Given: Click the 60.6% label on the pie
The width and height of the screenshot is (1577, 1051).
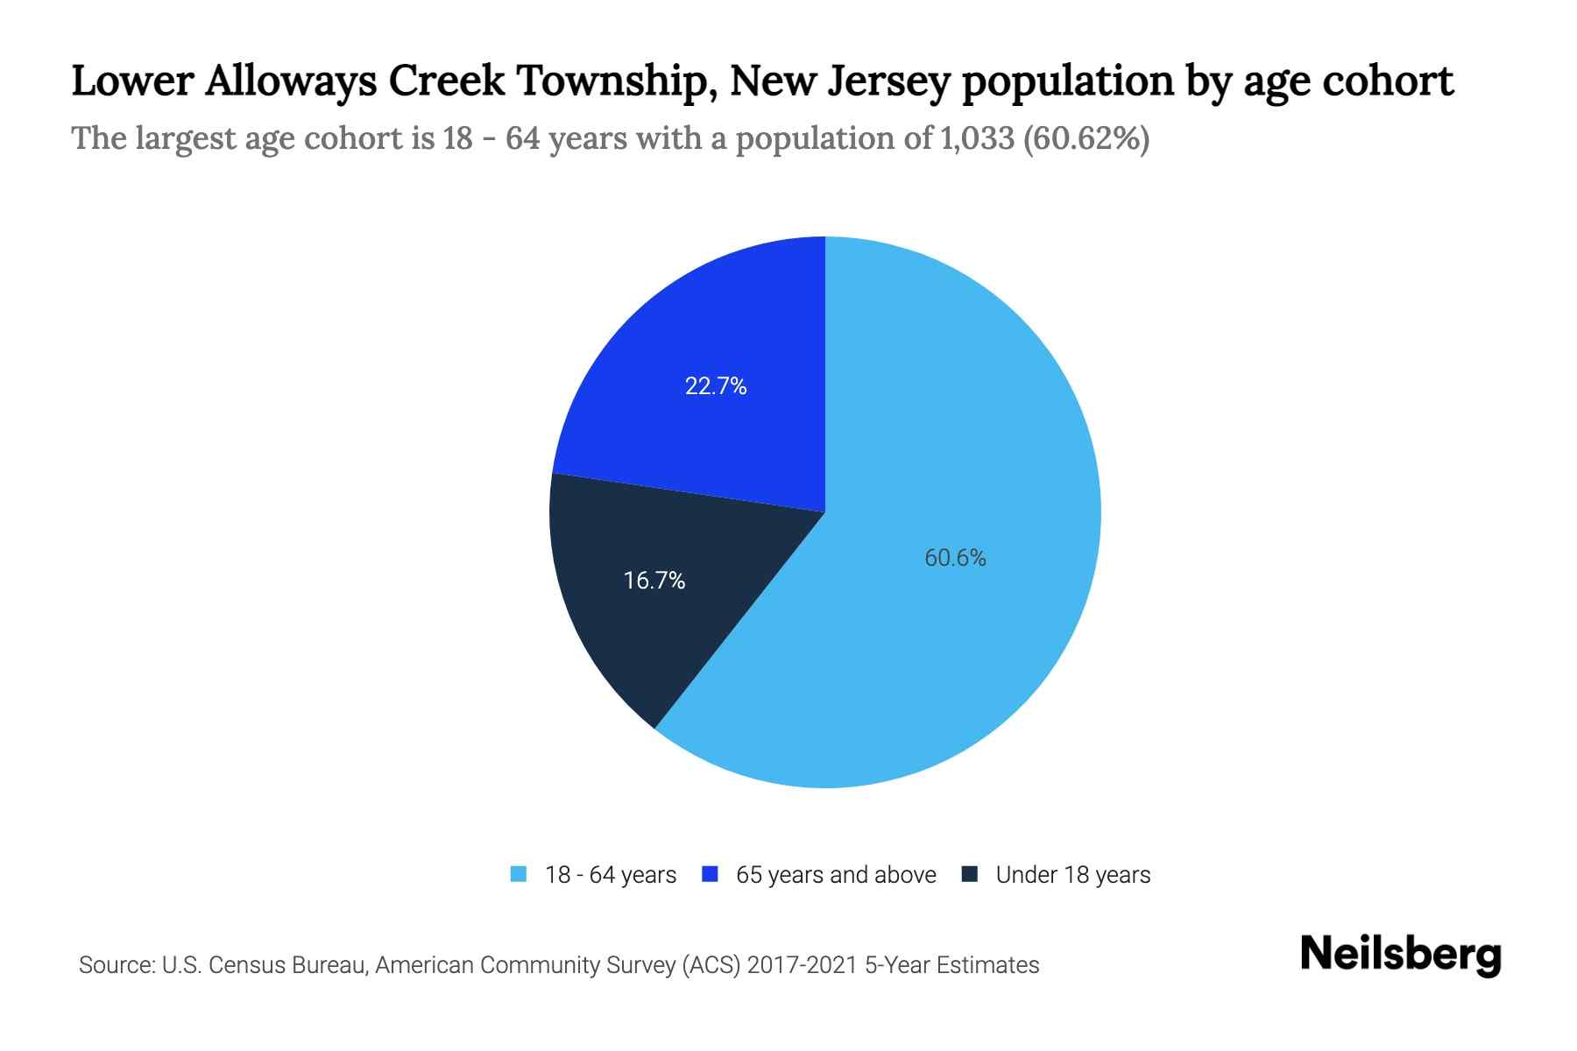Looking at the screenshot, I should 955,558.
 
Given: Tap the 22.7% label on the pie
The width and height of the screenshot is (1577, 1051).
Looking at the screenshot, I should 716,386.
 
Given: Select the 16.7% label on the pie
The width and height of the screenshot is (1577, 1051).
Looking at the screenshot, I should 654,581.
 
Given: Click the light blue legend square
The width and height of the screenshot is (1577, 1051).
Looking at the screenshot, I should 519,874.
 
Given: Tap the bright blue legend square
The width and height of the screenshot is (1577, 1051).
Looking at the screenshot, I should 711,874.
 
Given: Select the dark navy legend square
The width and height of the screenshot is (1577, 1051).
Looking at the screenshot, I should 970,874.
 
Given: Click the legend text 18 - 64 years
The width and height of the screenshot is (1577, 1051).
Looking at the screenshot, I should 611,875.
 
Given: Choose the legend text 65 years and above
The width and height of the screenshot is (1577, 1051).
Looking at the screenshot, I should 836,875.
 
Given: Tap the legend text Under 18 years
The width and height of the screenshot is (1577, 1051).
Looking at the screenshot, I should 1073,875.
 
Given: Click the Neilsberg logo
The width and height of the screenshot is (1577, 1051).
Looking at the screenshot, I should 1400,955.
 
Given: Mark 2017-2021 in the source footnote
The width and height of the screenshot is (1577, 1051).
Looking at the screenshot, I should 803,965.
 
